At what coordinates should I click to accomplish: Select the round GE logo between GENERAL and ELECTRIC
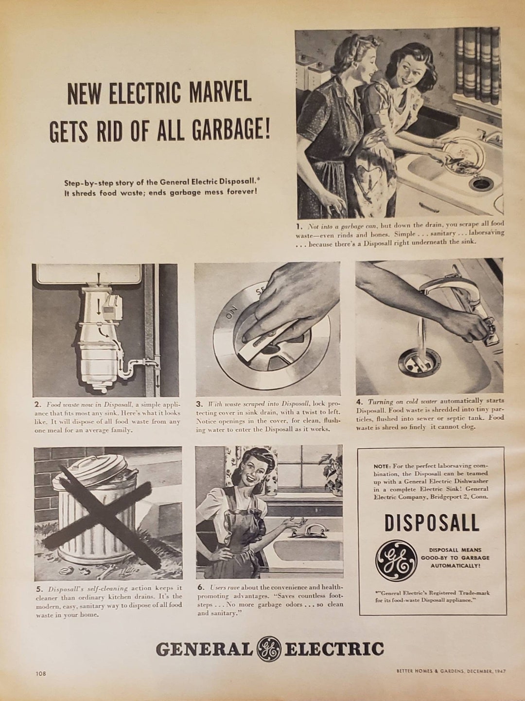tap(269, 649)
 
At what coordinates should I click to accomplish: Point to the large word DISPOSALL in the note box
tap(432, 523)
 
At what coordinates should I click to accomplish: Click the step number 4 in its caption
tap(359, 402)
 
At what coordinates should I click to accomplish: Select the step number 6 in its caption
tap(200, 587)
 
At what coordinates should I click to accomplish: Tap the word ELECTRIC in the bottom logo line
tap(334, 649)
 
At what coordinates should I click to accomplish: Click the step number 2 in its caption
tap(37, 405)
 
